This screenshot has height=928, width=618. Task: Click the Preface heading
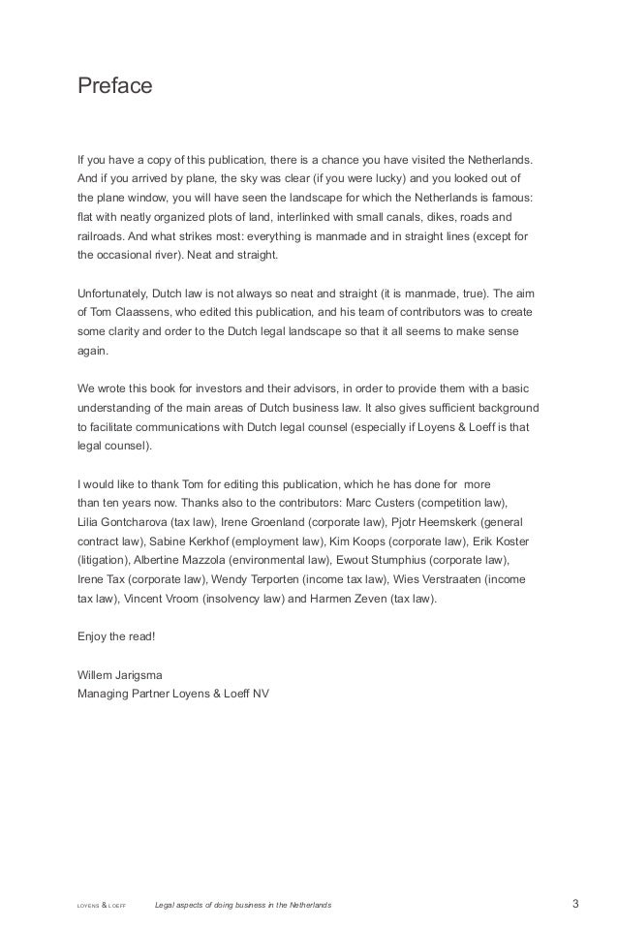tap(115, 86)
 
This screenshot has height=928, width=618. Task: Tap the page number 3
tap(575, 905)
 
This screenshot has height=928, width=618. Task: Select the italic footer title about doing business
tap(242, 906)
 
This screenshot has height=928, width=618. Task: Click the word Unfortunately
tap(120, 293)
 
